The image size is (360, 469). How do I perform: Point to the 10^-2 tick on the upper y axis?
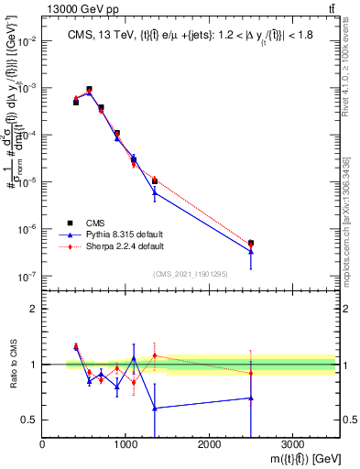click(x=28, y=41)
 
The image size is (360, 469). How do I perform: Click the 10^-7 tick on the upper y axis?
click(x=28, y=276)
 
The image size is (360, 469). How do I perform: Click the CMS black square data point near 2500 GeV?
click(x=251, y=243)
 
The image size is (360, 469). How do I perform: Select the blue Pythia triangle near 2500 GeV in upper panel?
click(x=251, y=251)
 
